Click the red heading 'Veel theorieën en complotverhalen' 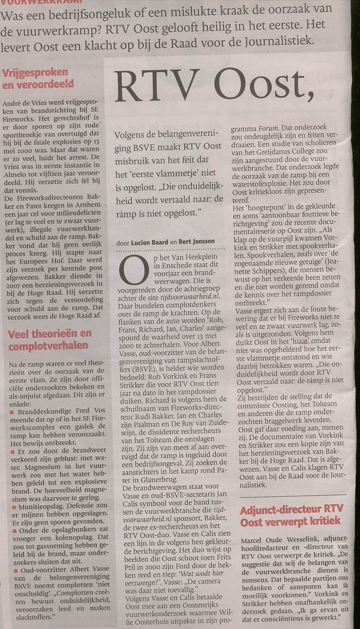50,340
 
